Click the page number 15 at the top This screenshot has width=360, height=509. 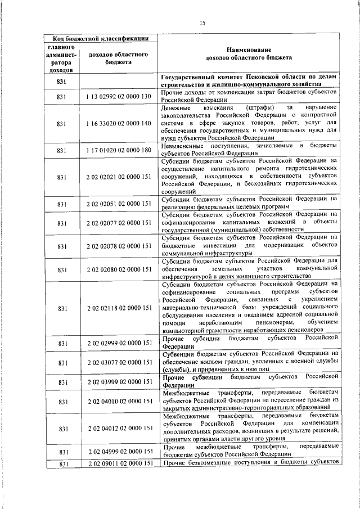202,22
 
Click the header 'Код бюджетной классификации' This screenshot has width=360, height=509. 101,38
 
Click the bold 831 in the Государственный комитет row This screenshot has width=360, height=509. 62,82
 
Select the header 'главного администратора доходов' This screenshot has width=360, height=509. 62,58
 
